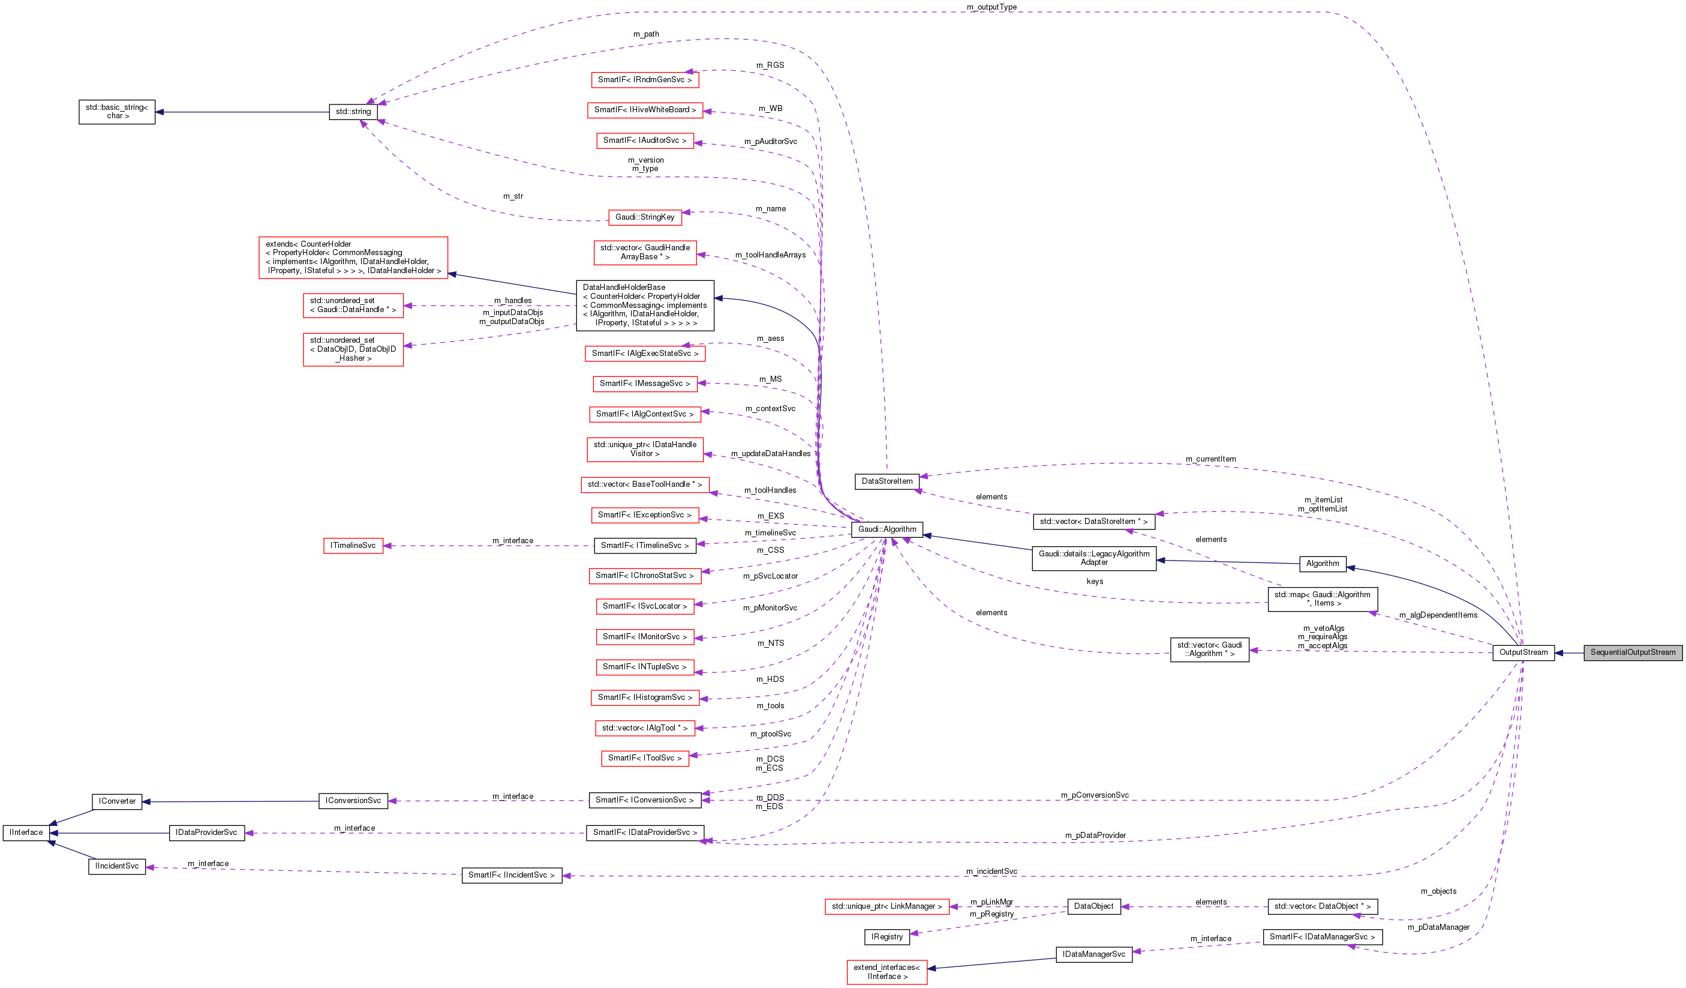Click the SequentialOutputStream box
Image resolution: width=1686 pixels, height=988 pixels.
point(1633,652)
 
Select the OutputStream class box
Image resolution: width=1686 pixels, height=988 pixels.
point(1523,652)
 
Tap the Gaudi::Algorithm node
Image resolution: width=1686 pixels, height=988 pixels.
point(886,529)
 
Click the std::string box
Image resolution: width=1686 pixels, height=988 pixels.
point(353,112)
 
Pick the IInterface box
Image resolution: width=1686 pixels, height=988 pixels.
point(26,833)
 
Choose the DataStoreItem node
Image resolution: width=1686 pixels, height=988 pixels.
point(886,481)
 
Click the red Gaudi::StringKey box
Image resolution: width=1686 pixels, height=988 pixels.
point(644,217)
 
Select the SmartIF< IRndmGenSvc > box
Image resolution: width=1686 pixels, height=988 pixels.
point(644,80)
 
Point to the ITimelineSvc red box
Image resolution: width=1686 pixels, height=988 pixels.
point(353,546)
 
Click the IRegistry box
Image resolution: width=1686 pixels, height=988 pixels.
point(886,937)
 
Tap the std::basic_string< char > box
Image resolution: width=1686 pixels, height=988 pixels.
point(116,112)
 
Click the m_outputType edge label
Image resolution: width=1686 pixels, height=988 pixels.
point(991,7)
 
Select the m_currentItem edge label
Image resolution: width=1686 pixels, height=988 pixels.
point(1210,459)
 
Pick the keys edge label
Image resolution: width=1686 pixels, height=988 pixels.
point(1095,581)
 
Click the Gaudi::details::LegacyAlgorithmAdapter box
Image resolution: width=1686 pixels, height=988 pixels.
point(1093,558)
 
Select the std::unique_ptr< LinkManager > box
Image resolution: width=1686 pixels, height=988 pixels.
point(886,906)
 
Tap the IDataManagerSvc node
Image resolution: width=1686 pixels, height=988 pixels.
point(1093,954)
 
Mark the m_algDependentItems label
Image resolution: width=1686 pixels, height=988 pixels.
point(1438,615)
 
